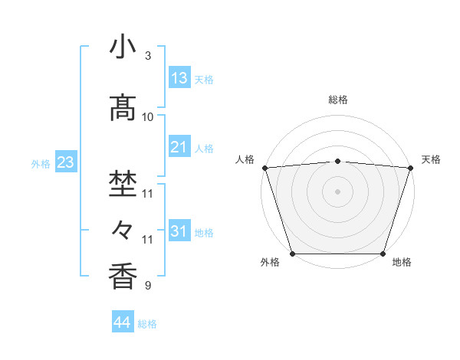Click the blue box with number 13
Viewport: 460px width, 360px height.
pos(179,77)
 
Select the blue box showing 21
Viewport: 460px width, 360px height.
pos(179,147)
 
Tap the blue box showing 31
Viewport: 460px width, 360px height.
pos(179,231)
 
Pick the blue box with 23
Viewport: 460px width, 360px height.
pos(64,162)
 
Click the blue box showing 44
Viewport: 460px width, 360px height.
pos(123,322)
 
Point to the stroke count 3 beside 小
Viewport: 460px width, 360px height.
pos(148,57)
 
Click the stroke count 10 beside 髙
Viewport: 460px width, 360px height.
pos(148,117)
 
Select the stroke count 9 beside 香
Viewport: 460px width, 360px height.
pos(148,286)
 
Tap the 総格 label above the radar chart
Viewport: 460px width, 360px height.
pos(338,100)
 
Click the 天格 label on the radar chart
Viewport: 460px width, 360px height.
pos(431,159)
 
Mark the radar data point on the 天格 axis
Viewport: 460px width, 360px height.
pos(410,168)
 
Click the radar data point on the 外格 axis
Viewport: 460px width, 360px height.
pos(292,254)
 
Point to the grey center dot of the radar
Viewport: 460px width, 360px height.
pos(337,191)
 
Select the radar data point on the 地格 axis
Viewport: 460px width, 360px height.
pos(383,254)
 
